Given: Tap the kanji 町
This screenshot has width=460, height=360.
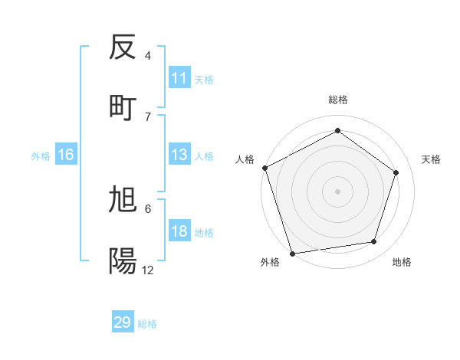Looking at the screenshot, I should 123,107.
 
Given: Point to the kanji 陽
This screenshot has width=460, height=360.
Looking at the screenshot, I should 123,261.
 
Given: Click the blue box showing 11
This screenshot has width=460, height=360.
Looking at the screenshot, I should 179,78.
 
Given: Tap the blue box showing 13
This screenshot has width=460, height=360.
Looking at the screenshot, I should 179,155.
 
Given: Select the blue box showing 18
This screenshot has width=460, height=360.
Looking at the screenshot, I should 179,232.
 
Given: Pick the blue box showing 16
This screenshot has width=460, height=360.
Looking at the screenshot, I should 66,155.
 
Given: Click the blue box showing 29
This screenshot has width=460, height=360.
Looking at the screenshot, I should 123,322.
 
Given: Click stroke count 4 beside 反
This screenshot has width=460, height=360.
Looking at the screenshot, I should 148,56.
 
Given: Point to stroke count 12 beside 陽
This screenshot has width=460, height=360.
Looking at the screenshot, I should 148,270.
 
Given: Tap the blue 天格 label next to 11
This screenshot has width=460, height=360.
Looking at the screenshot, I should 204,79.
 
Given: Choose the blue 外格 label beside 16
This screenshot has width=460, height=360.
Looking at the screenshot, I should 41,155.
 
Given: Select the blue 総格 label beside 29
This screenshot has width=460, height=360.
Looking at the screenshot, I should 147,324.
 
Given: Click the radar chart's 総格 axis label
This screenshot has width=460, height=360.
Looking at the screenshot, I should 337,100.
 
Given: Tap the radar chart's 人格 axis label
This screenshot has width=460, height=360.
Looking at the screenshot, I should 245,159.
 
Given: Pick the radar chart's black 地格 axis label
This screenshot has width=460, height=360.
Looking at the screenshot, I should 402,263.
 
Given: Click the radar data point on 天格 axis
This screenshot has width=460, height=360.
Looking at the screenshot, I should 396,172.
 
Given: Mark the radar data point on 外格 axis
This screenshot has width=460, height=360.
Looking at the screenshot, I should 292,253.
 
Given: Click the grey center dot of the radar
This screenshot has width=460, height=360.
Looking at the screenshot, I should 337,191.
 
